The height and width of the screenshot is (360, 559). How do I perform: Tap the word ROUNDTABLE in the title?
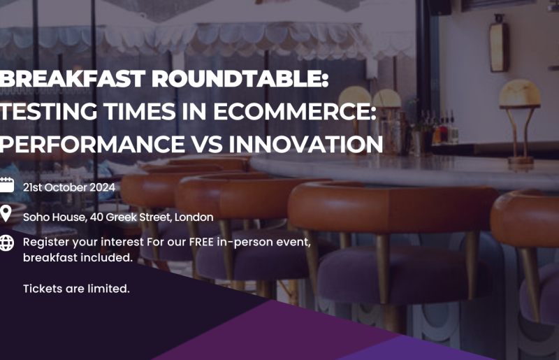(x=240, y=79)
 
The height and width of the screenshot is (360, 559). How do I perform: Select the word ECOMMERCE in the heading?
(x=295, y=111)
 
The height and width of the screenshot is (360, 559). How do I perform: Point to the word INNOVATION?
(x=306, y=144)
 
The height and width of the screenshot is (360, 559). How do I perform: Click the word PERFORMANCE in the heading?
(x=92, y=144)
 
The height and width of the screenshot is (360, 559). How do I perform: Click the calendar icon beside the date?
(x=6, y=185)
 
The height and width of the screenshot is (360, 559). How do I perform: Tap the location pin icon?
(x=6, y=214)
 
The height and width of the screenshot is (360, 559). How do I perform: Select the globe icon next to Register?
(x=6, y=243)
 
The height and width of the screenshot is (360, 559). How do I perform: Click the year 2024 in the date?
(x=102, y=187)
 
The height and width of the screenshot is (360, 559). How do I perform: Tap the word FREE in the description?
(x=201, y=242)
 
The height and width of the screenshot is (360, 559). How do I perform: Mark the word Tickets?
(x=43, y=288)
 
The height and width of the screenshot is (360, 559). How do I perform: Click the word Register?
(x=46, y=243)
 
